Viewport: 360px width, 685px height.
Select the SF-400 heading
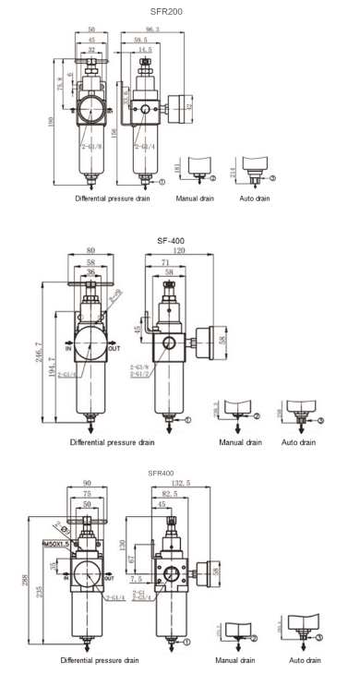(x=172, y=240)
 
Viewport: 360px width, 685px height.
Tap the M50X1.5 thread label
(x=56, y=545)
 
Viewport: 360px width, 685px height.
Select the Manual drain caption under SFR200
(x=196, y=198)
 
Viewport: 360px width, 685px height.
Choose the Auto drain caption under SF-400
(x=298, y=442)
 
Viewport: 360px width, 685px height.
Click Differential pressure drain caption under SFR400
(x=100, y=660)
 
